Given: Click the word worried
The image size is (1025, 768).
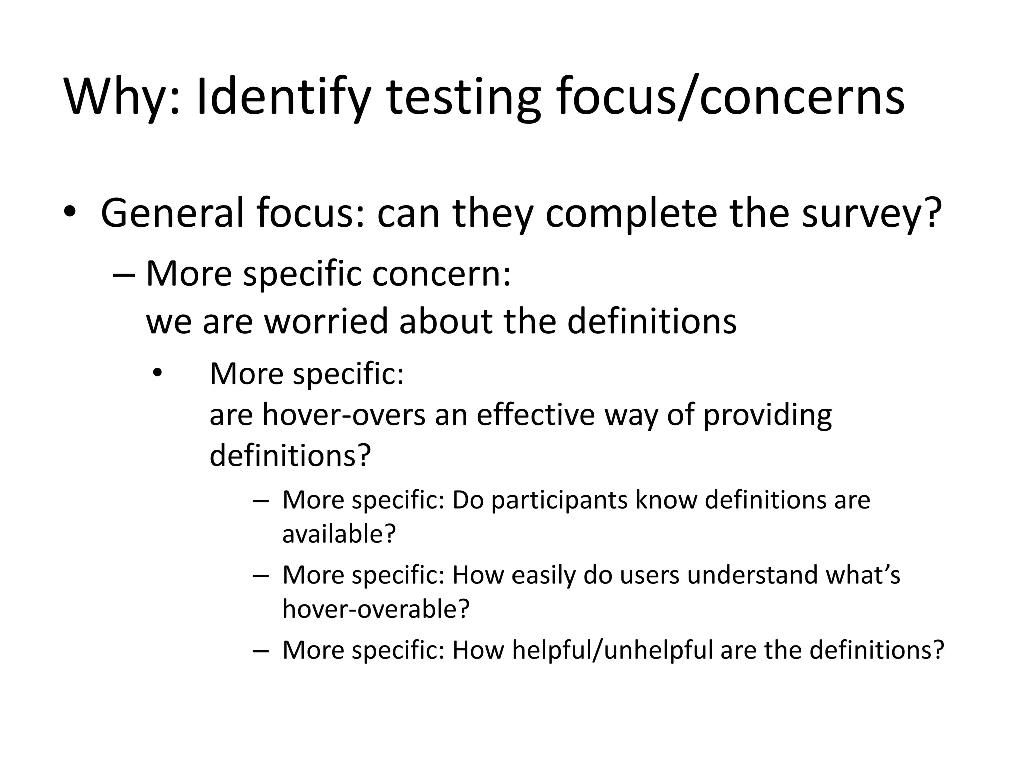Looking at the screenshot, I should click(x=326, y=321).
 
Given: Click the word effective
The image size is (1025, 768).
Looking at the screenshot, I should click(x=536, y=414).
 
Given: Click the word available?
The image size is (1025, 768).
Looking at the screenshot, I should click(x=339, y=534).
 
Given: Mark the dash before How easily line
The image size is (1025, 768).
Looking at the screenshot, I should click(x=261, y=575).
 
